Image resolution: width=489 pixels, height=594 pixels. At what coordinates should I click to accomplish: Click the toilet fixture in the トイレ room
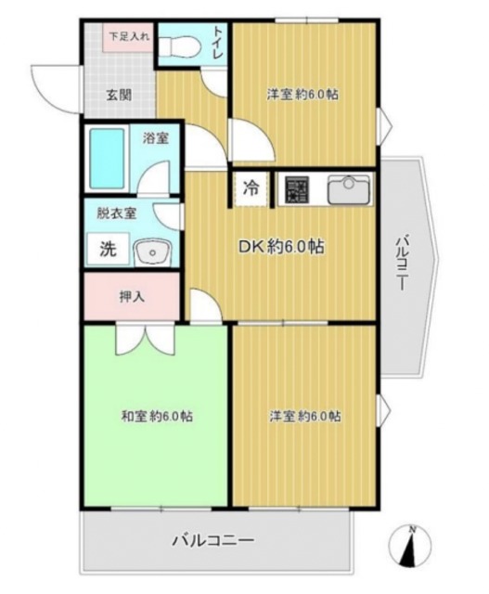coord(183,44)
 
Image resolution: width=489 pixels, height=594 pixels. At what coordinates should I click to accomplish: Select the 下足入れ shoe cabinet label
coord(127,38)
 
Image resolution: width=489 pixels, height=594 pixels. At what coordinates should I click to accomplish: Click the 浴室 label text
coord(155,139)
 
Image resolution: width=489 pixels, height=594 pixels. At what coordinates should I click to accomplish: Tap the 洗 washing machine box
coord(108,248)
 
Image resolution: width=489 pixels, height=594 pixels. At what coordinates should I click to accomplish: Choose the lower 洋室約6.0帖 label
coord(303,416)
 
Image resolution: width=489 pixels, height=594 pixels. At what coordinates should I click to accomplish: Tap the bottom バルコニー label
coord(212,540)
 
